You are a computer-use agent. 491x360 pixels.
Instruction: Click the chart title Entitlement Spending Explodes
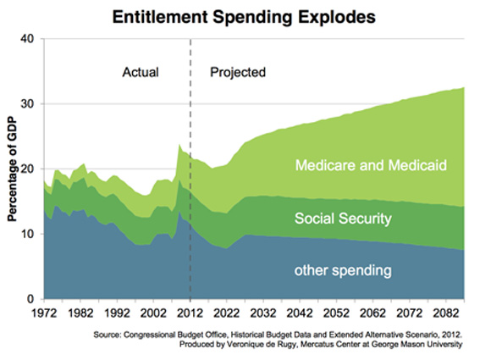coord(244,17)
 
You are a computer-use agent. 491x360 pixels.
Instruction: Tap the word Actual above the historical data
coord(141,72)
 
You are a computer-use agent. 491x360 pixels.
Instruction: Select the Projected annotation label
coord(238,73)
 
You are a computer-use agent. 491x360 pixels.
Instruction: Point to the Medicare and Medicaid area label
coord(371,165)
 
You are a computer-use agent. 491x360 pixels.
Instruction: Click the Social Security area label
coord(343,219)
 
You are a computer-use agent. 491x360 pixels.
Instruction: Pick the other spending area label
coord(343,270)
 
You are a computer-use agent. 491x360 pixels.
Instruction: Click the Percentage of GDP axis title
coord(12,169)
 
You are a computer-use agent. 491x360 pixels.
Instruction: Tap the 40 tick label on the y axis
coord(27,39)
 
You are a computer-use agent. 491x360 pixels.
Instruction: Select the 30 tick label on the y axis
coord(27,103)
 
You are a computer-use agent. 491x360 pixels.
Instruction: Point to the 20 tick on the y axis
coord(27,169)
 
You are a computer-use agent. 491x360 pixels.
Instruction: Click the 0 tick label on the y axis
coord(30,299)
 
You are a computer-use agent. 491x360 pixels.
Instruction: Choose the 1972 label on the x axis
coord(44,313)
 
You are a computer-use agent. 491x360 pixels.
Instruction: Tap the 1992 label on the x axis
coord(117,313)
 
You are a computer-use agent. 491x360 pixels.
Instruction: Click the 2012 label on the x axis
coord(190,313)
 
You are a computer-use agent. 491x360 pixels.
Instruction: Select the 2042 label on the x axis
coord(300,313)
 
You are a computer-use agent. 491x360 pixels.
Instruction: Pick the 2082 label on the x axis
coord(446,313)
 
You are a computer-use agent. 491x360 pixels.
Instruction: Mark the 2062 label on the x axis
coord(372,313)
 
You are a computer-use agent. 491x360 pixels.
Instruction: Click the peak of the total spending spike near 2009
coord(179,145)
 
